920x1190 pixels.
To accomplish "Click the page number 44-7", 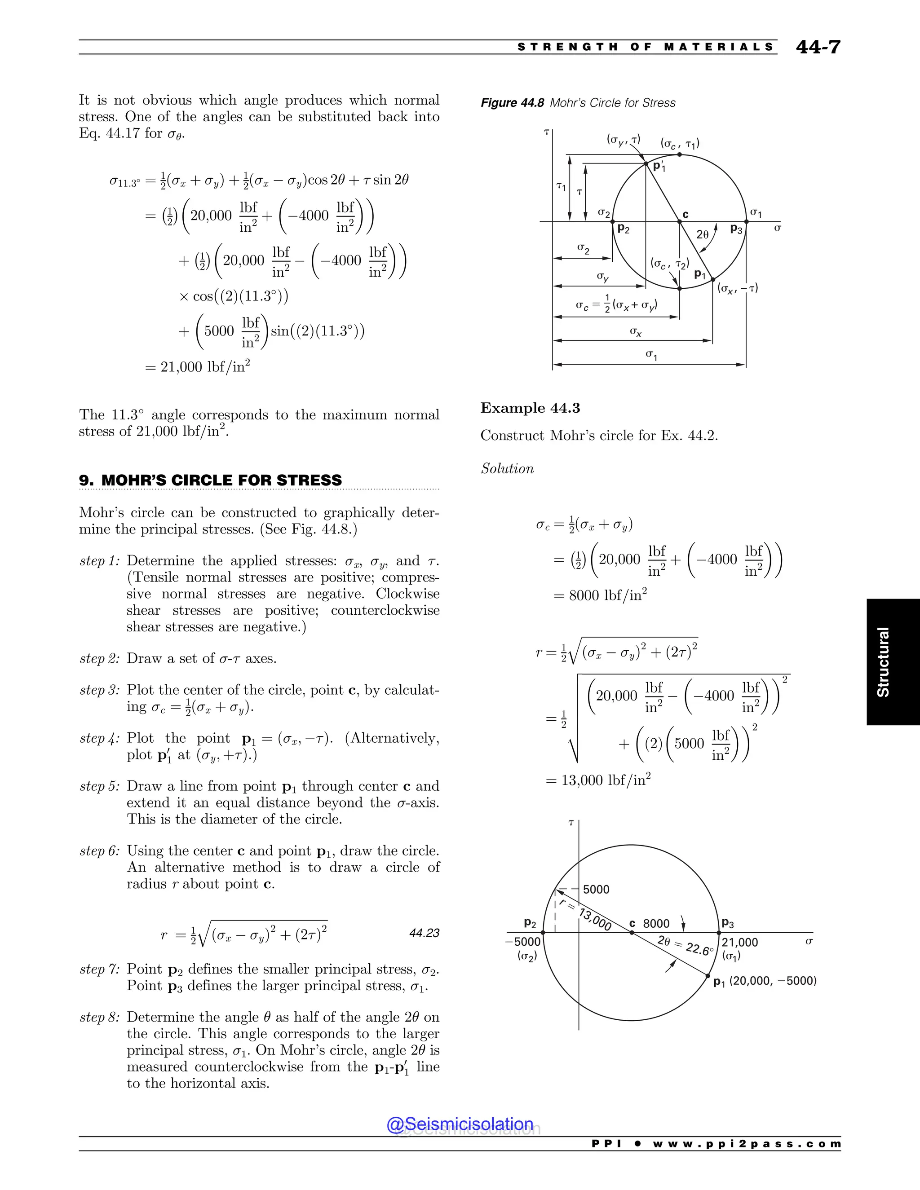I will [818, 47].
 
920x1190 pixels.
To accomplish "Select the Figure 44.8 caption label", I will [512, 103].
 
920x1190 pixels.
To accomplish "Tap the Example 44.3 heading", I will [530, 408].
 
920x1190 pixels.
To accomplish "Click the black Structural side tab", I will [893, 661].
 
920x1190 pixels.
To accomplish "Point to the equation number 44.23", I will [424, 933].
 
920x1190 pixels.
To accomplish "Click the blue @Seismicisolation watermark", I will [460, 1124].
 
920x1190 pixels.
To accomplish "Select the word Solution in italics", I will [507, 468].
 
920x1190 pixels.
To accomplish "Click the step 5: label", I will [99, 786].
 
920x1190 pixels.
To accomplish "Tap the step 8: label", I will [99, 1017].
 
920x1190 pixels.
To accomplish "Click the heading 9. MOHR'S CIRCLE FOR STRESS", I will [210, 480].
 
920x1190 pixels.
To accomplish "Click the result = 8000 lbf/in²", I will [600, 595].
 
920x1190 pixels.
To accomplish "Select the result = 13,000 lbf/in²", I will [598, 780].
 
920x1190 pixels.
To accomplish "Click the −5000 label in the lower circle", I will [523, 942].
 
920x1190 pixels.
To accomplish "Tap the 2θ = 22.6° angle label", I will [685, 946].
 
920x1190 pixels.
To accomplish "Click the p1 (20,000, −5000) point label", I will [765, 981].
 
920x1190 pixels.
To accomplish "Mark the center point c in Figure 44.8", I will [680, 221].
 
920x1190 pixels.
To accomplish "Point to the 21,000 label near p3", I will [739, 942].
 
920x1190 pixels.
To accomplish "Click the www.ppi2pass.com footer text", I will [746, 1144].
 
